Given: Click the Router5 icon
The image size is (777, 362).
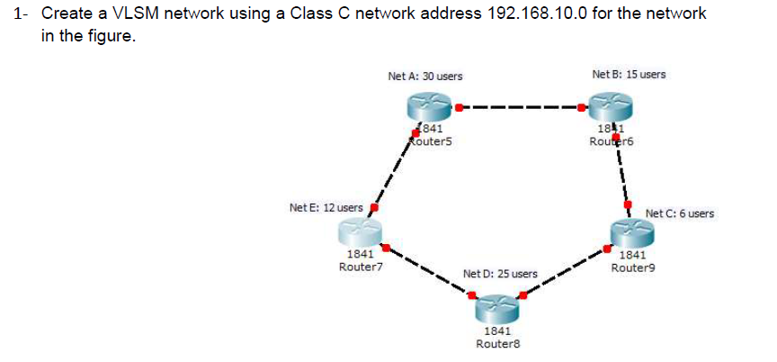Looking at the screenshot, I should tap(430, 111).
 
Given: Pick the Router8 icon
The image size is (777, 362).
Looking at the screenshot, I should tap(498, 311).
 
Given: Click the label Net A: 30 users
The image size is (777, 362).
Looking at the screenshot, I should tap(425, 77).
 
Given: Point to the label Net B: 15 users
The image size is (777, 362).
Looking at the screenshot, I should tap(630, 74).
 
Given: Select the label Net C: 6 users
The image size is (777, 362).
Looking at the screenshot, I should tap(680, 213).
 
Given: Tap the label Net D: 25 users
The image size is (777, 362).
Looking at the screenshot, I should tap(500, 273).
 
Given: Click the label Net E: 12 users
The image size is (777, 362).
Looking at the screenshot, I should tap(326, 208).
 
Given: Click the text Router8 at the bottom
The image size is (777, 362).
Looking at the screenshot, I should tap(498, 344).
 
